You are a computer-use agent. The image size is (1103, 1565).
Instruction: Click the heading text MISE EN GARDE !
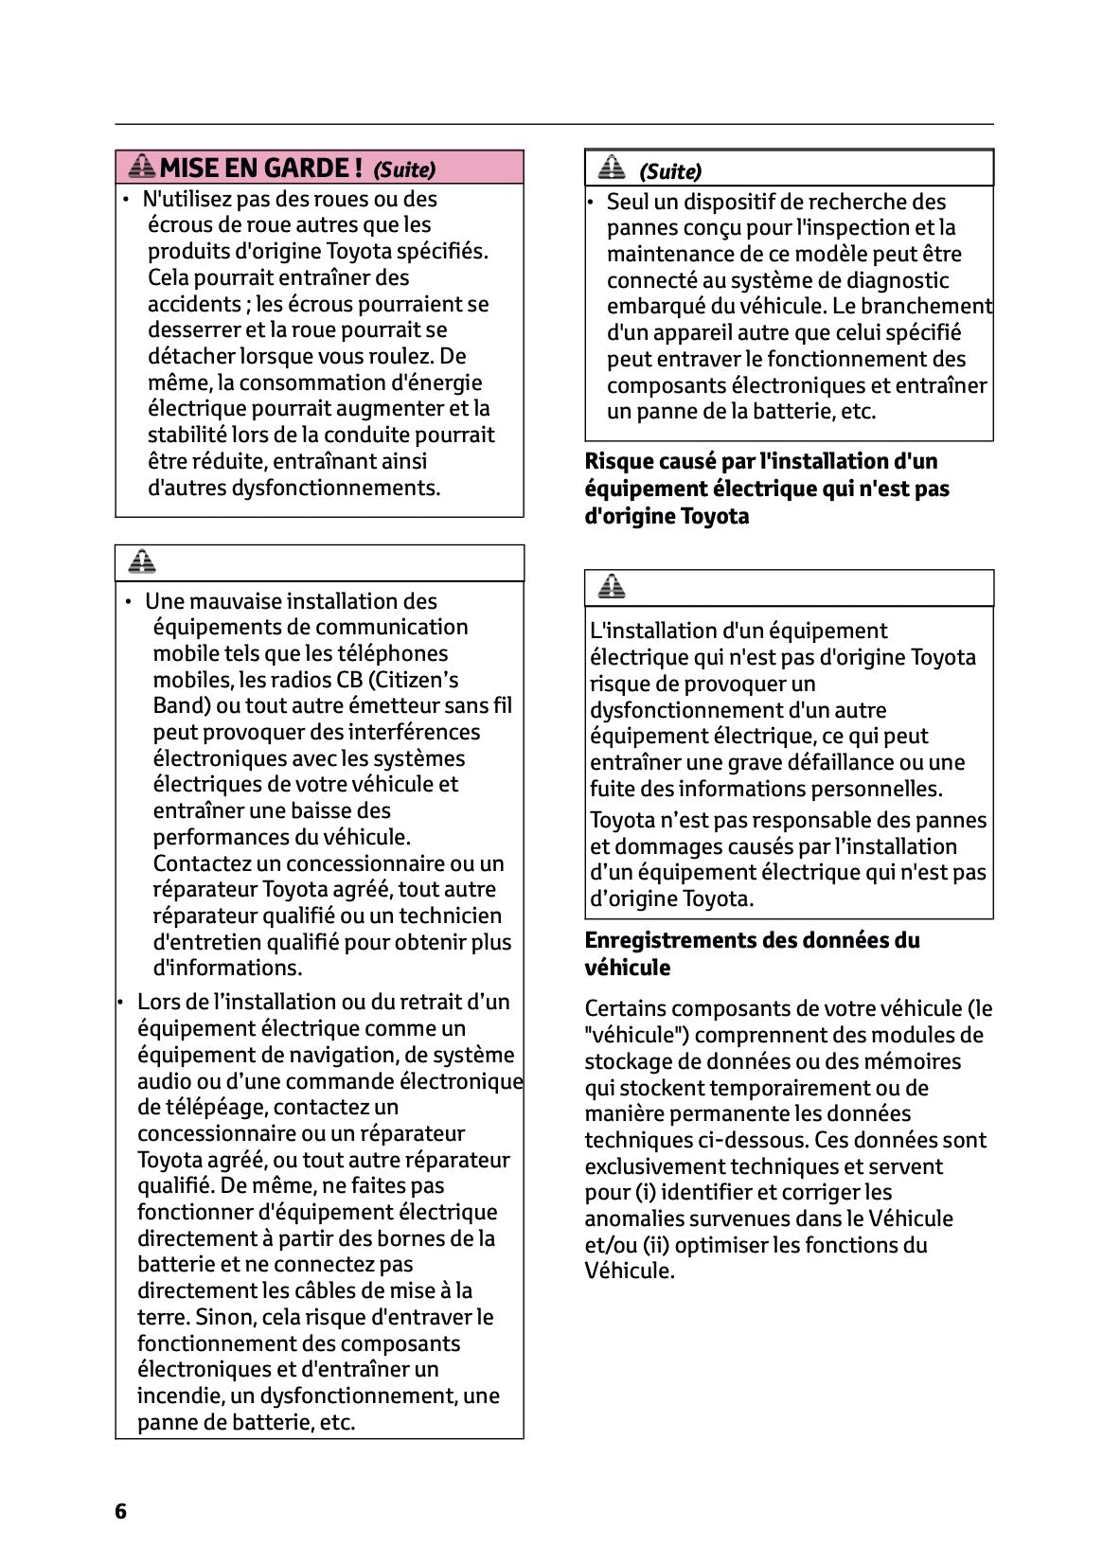click(260, 169)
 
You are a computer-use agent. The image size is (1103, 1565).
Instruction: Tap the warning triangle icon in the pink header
click(142, 168)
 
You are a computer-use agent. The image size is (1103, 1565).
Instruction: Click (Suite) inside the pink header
click(404, 170)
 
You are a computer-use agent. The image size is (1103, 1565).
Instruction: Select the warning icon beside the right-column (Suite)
click(612, 169)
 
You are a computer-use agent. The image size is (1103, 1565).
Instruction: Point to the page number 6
click(120, 1511)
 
